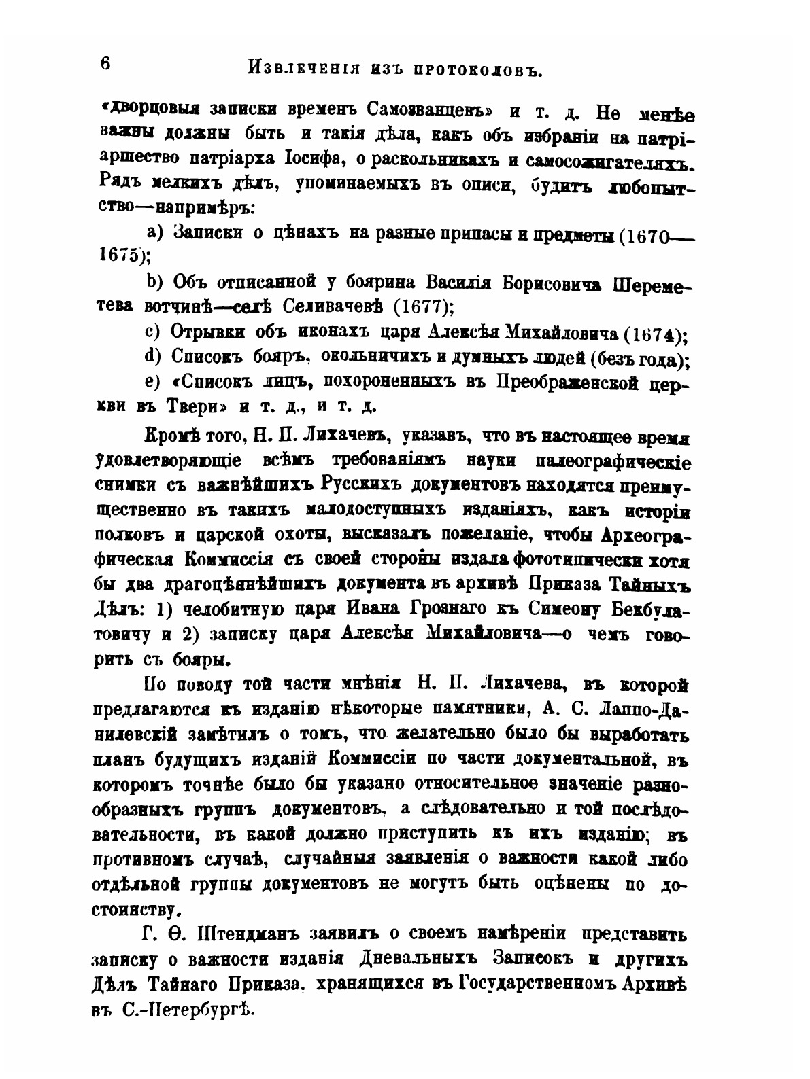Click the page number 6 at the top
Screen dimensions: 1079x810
tap(105, 64)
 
